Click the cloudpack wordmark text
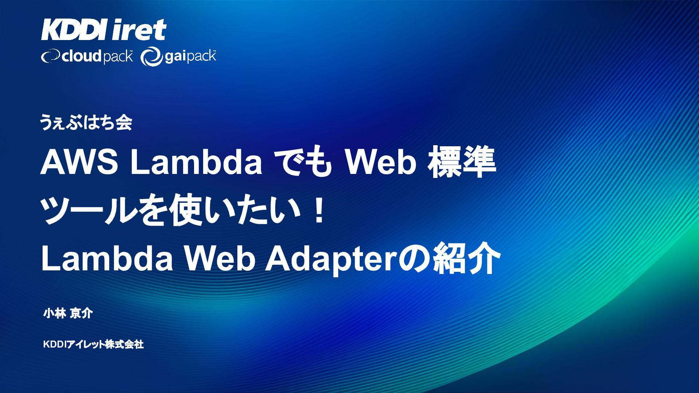pos(97,57)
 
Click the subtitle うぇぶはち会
pos(86,123)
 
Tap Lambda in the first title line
pos(196,163)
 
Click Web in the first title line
pos(381,163)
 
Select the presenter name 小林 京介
pos(68,313)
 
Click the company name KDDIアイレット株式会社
pos(94,344)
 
